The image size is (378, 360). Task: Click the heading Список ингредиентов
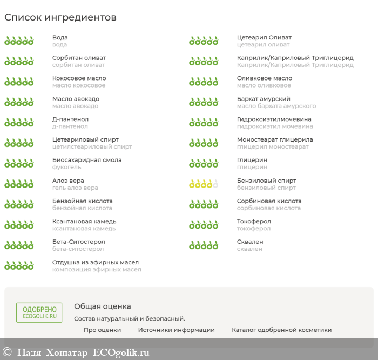pyautogui.click(x=60, y=17)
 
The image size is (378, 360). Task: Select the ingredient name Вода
pyautogui.click(x=60, y=38)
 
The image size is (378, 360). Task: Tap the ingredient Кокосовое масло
pyautogui.click(x=79, y=78)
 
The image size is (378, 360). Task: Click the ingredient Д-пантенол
pyautogui.click(x=70, y=119)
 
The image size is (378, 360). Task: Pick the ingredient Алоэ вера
pyautogui.click(x=68, y=181)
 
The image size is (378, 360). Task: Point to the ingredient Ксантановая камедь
pyautogui.click(x=84, y=222)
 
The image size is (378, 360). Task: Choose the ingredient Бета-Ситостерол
pyautogui.click(x=79, y=242)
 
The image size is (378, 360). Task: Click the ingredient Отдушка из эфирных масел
pyautogui.click(x=96, y=262)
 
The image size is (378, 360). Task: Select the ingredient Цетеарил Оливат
pyautogui.click(x=264, y=38)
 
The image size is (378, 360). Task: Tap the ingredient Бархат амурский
pyautogui.click(x=264, y=99)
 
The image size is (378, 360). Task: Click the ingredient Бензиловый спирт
pyautogui.click(x=266, y=181)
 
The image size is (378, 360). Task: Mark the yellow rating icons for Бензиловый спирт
pyautogui.click(x=204, y=184)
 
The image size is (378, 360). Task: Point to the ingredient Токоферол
pyautogui.click(x=254, y=222)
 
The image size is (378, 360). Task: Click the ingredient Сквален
pyautogui.click(x=250, y=242)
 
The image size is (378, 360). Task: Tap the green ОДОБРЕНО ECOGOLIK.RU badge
pyautogui.click(x=39, y=313)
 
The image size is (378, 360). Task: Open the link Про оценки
pyautogui.click(x=102, y=330)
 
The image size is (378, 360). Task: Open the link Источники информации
pyautogui.click(x=176, y=330)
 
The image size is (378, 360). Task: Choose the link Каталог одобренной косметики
pyautogui.click(x=281, y=330)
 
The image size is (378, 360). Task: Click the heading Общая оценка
pyautogui.click(x=103, y=306)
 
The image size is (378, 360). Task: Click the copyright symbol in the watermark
pyautogui.click(x=7, y=352)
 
